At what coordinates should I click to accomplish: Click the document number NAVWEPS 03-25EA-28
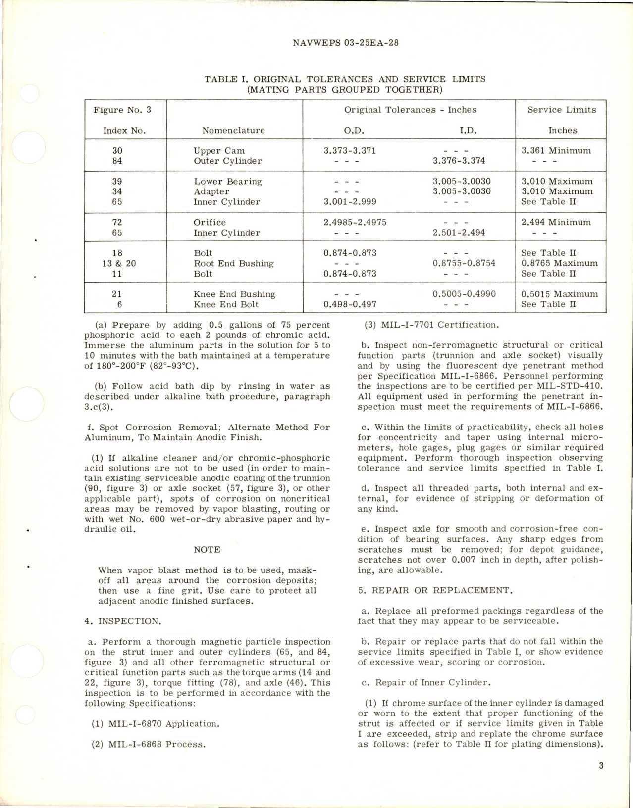[x=345, y=43]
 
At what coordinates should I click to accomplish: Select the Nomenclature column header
[x=233, y=131]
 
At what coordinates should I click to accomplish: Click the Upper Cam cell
[x=219, y=151]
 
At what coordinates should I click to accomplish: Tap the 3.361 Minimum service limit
[x=556, y=151]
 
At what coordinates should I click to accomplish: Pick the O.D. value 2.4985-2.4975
[x=355, y=222]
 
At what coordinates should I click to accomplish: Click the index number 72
[x=117, y=222]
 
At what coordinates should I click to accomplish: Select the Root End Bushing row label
[x=233, y=263]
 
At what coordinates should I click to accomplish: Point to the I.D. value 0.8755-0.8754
[x=464, y=263]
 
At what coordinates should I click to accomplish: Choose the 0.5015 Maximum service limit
[x=559, y=294]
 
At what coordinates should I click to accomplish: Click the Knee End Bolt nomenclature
[x=226, y=304]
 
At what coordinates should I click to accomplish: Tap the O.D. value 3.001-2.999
[x=349, y=202]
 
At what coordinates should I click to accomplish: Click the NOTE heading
[x=207, y=550]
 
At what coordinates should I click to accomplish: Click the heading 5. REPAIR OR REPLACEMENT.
[x=434, y=590]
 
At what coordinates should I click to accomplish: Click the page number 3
[x=601, y=766]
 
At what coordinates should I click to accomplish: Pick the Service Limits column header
[x=562, y=110]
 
